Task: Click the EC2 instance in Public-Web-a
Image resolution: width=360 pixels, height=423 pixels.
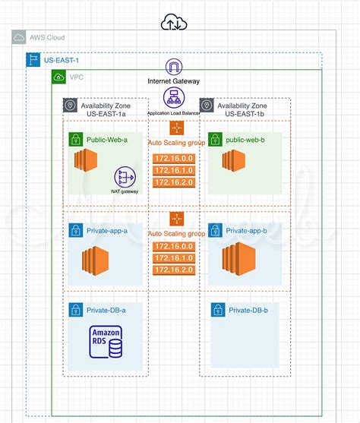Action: point(87,162)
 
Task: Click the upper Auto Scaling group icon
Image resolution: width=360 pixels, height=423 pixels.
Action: point(177,128)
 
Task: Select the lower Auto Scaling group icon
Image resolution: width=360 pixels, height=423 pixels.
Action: point(177,219)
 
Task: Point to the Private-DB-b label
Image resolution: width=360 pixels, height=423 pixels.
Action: point(249,310)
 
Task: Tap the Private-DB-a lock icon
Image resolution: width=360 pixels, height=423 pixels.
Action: point(75,310)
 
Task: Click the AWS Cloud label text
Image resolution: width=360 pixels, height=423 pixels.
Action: point(46,38)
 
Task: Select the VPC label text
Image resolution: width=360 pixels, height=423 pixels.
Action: point(77,77)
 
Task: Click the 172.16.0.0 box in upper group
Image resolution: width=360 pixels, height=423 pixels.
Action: point(173,158)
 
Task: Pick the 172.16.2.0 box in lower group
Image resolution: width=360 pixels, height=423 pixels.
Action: point(173,271)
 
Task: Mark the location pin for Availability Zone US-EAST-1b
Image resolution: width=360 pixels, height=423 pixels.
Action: point(206,106)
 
